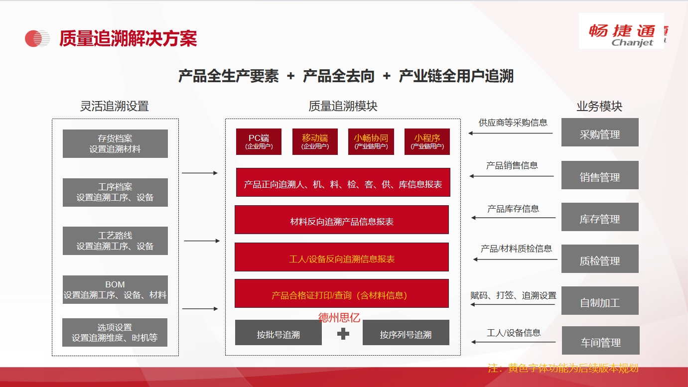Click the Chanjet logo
(621, 31)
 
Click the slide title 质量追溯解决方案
(128, 39)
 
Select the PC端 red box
(259, 141)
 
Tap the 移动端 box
(315, 141)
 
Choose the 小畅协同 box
(371, 141)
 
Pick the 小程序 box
(427, 141)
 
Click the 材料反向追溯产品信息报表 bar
(342, 220)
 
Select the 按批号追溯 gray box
(278, 333)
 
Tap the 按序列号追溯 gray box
(406, 333)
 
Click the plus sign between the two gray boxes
(343, 334)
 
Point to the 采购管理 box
(600, 132)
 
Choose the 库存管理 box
(600, 217)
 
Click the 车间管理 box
(601, 340)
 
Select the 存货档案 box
(115, 144)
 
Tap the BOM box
(115, 290)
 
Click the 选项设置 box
(115, 333)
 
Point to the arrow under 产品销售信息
(512, 176)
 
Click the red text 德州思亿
(339, 318)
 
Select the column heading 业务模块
(599, 106)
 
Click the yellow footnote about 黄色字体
(563, 368)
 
